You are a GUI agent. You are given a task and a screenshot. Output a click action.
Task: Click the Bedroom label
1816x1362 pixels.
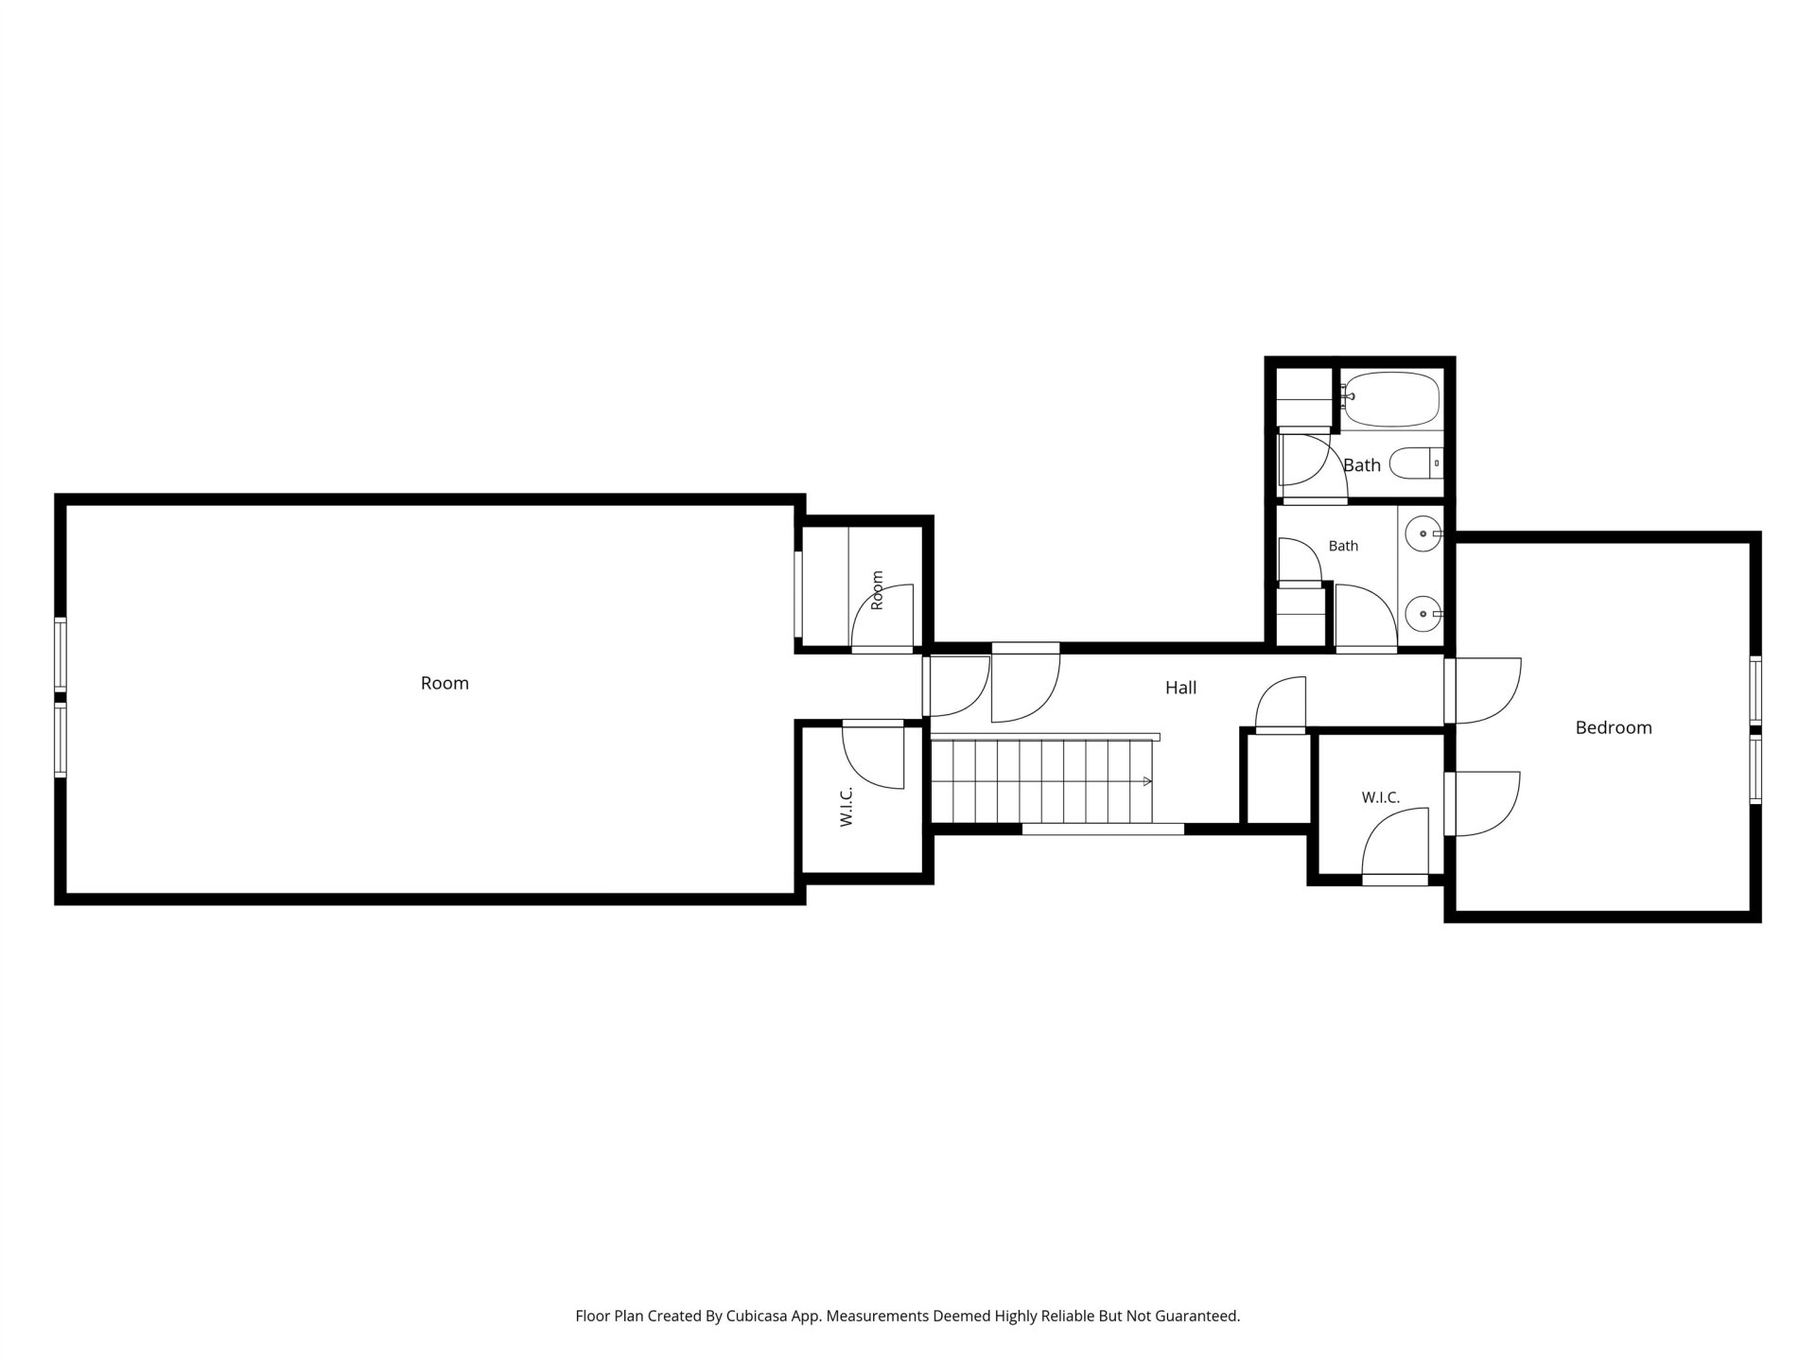(x=1614, y=727)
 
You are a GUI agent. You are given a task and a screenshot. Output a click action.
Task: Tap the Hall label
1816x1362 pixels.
(x=1180, y=688)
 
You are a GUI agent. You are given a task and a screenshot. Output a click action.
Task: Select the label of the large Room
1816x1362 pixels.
(x=445, y=683)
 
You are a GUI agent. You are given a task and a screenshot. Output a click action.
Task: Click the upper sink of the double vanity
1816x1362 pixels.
(x=1423, y=535)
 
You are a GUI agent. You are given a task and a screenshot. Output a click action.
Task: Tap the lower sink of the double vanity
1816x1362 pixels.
(x=1423, y=615)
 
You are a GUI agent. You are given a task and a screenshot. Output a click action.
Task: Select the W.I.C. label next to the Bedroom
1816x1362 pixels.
(x=1381, y=798)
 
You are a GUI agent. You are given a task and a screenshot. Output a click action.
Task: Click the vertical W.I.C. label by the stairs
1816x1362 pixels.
(x=847, y=807)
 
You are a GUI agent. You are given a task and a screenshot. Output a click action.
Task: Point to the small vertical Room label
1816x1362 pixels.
(x=877, y=590)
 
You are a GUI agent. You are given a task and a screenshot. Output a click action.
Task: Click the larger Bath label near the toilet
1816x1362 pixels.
(x=1362, y=464)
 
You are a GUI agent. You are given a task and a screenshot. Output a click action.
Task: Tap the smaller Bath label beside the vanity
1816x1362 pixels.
(x=1343, y=546)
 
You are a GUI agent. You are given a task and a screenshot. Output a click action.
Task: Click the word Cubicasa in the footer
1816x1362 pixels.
(x=759, y=1316)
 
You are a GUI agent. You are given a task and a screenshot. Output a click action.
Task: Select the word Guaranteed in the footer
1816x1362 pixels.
(x=1196, y=1316)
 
